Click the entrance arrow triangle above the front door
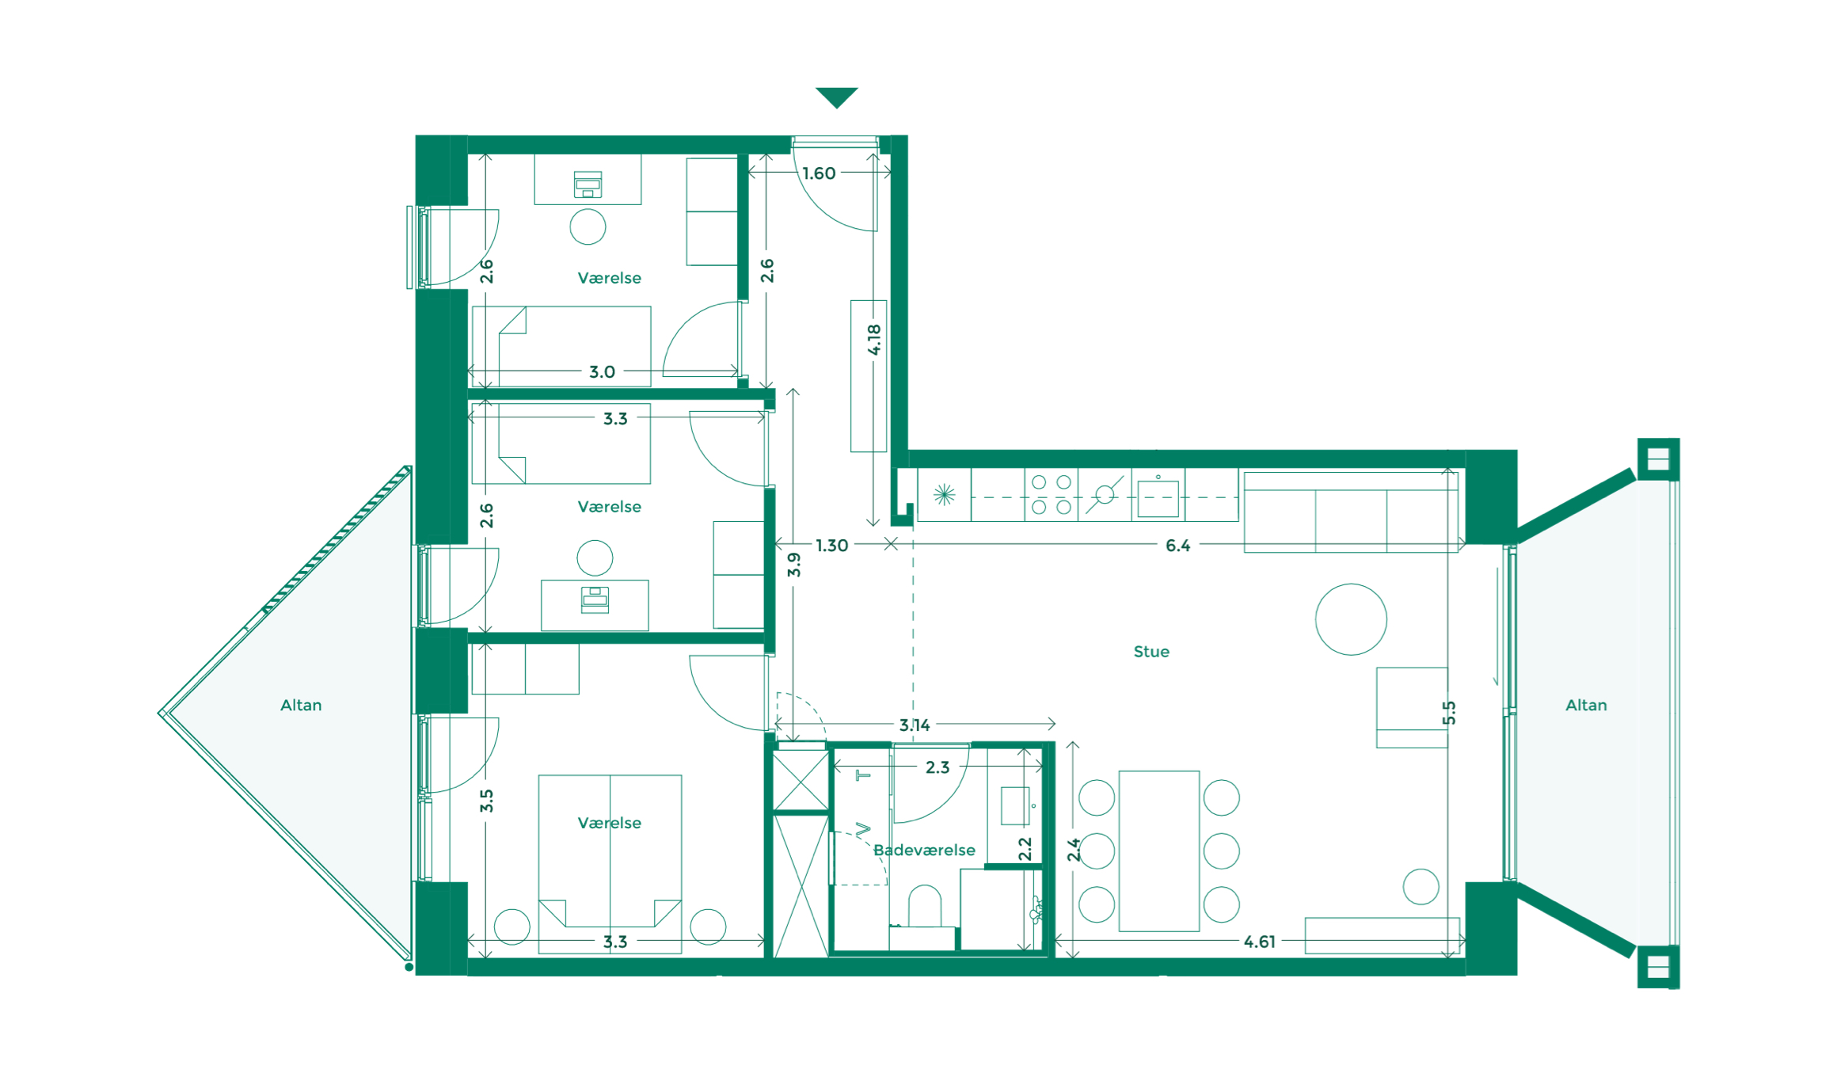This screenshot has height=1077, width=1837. (836, 97)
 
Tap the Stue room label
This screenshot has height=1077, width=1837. (1151, 652)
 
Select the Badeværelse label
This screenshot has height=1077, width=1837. (924, 851)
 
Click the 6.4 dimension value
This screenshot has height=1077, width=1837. (1177, 546)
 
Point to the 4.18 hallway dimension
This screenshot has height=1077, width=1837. (874, 339)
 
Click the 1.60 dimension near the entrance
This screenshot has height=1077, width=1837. (819, 173)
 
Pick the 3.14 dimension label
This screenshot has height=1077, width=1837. (915, 725)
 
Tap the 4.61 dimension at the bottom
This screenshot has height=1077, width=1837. (1259, 942)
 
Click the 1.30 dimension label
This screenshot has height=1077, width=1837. (831, 546)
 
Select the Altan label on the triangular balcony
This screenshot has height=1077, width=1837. (301, 706)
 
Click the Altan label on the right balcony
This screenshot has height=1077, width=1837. (1586, 706)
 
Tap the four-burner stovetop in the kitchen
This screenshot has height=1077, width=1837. (1052, 494)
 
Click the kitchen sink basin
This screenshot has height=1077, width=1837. (1158, 499)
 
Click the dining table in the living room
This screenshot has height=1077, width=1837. (1158, 851)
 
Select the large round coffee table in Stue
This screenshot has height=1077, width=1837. (1351, 619)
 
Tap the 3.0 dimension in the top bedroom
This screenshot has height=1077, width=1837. (602, 372)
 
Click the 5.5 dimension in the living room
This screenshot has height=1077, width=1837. (1449, 713)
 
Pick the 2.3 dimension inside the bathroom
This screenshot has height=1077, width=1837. (938, 767)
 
